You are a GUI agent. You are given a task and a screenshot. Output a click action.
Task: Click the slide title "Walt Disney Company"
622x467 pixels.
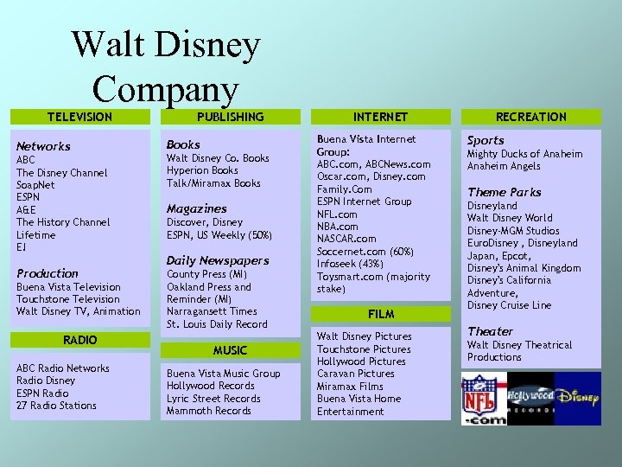[x=165, y=66]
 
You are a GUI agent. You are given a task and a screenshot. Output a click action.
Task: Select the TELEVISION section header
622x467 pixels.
[x=79, y=117]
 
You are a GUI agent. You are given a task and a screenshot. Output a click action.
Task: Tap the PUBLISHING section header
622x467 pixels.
[x=230, y=117]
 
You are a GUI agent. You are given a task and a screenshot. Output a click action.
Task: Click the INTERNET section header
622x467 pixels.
[x=380, y=117]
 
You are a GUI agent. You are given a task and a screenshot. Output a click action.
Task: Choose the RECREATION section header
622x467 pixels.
[x=531, y=117]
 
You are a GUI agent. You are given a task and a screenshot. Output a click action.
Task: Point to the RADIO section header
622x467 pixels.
[x=79, y=340]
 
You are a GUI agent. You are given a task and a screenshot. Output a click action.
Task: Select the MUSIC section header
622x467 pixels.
[x=230, y=350]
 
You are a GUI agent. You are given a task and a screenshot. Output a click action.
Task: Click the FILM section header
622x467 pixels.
[x=380, y=314]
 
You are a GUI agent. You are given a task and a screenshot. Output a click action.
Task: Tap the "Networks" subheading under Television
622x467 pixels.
[x=43, y=146]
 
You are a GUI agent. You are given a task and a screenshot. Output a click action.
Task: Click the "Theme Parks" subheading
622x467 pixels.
[x=505, y=192]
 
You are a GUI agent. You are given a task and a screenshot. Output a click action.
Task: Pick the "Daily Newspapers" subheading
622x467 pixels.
[x=218, y=260]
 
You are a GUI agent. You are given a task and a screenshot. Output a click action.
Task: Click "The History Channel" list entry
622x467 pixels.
[x=63, y=222]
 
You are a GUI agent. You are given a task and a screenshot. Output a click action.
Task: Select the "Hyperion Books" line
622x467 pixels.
[x=202, y=170]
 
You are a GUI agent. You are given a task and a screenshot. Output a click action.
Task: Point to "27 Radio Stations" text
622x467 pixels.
[x=56, y=406]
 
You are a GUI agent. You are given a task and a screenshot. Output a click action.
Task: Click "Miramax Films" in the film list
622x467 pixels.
[x=350, y=387]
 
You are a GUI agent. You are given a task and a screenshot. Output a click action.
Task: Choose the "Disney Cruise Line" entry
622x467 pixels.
[x=509, y=305]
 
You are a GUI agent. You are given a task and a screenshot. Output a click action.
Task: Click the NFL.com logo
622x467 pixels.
[x=483, y=398]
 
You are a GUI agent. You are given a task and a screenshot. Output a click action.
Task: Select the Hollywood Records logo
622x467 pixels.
[x=530, y=398]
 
